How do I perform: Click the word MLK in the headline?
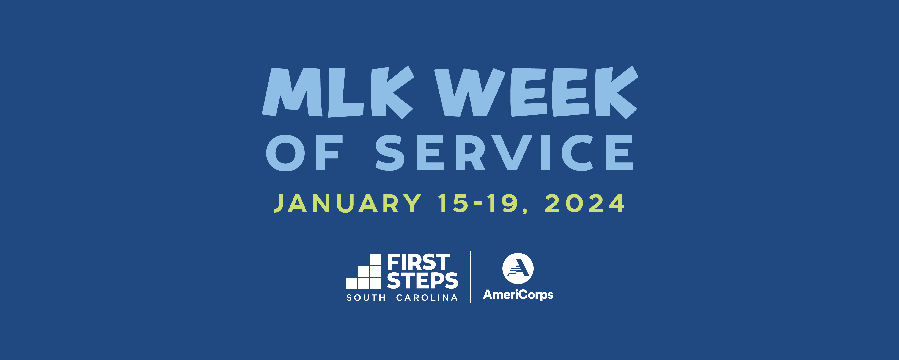(338, 92)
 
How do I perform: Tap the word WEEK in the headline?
(536, 92)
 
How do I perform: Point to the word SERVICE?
(504, 153)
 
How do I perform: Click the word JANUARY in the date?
(348, 203)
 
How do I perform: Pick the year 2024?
(585, 203)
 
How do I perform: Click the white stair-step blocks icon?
(363, 271)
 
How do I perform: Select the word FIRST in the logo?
(419, 262)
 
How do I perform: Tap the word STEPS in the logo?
(423, 280)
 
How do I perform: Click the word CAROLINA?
(427, 298)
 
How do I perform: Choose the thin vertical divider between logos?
(471, 277)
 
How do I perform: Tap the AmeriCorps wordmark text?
(518, 295)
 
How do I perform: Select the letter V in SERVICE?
(512, 153)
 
